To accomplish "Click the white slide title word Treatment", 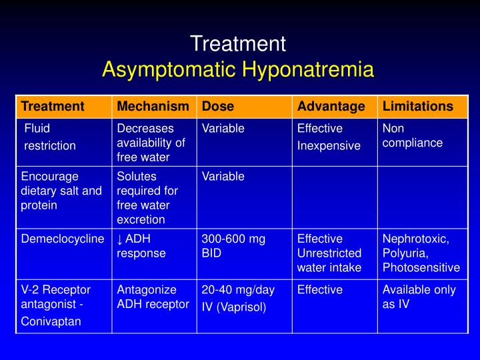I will point(238,44).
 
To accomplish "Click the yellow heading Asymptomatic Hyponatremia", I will point(238,69).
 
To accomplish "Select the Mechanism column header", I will point(153,107).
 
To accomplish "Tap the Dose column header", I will point(218,107).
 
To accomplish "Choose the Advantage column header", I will point(331,107).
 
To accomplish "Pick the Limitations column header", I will point(418,107).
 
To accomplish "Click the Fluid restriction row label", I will point(50,137).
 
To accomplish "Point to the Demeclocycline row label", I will point(63,239).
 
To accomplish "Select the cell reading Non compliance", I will point(412,135).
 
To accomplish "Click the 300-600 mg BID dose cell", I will point(233,246).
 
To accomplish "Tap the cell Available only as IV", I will point(419,297).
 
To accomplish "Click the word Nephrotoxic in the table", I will point(415,239).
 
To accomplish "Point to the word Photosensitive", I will point(421,268).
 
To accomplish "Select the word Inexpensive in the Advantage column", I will point(329,145).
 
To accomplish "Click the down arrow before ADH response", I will point(120,239).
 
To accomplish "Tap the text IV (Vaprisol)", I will point(233,307).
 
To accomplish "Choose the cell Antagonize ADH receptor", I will point(153,297).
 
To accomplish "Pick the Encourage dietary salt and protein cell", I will point(61,191).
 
